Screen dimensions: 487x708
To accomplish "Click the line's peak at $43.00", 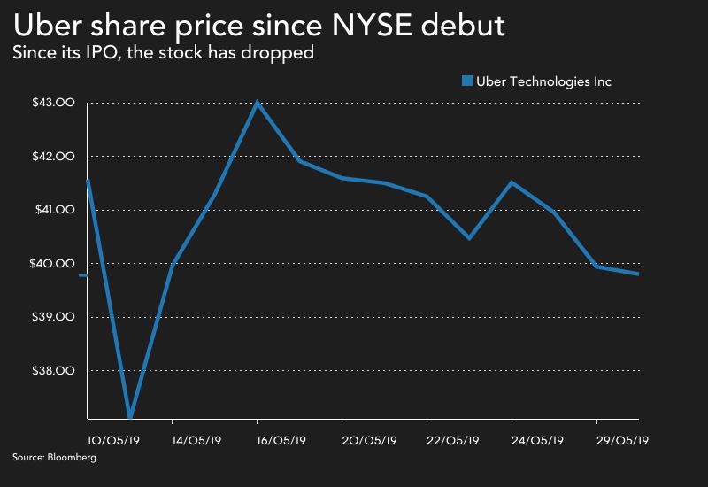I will [x=257, y=102].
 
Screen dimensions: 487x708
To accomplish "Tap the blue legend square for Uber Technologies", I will [x=467, y=81].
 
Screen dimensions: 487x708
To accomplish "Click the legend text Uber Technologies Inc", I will [x=543, y=81].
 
